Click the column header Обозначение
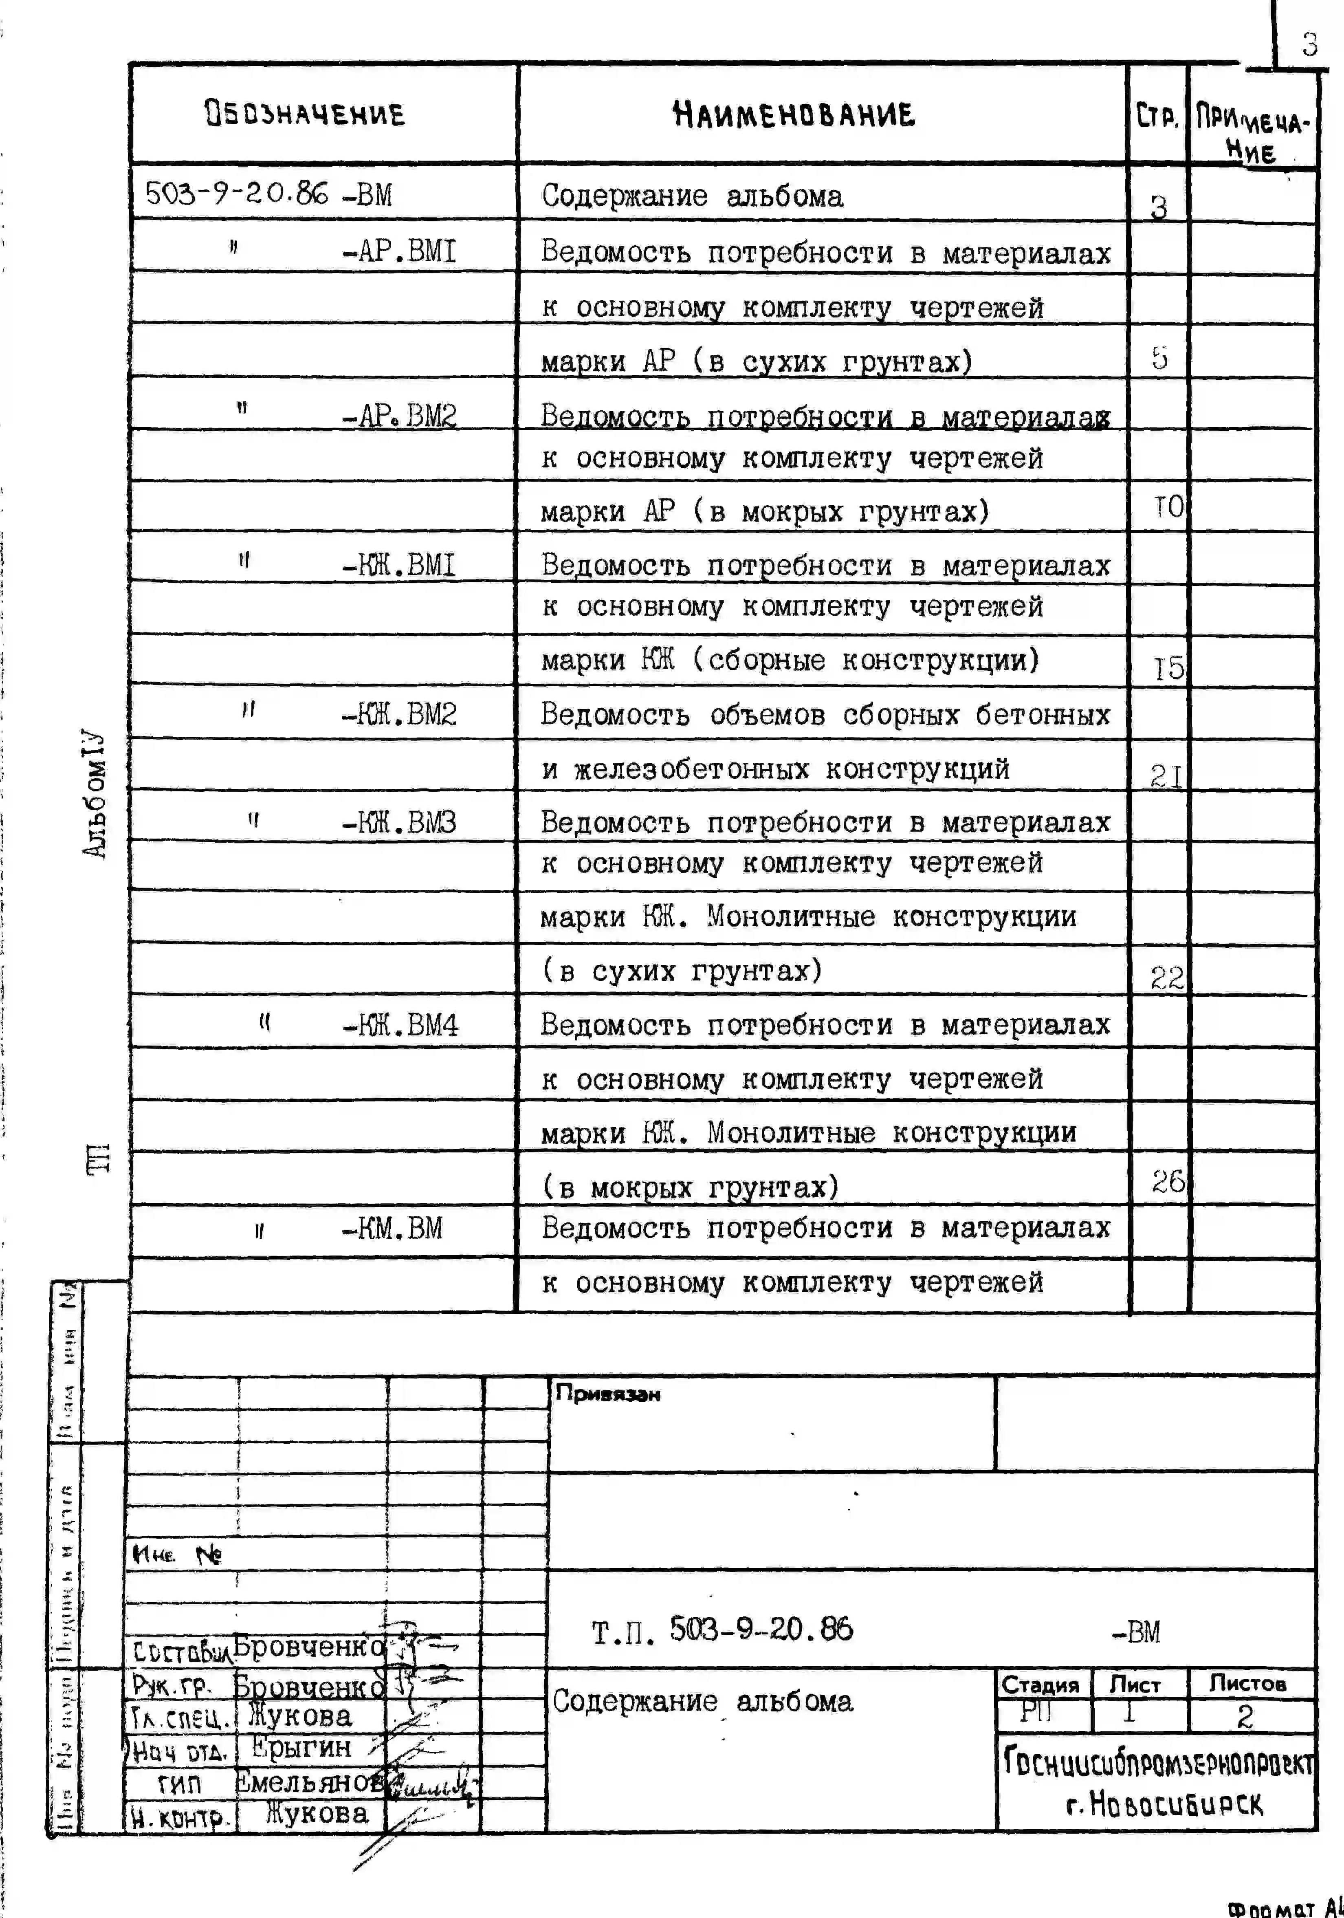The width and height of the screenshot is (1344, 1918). (305, 114)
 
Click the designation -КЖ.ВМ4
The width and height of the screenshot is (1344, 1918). (400, 1025)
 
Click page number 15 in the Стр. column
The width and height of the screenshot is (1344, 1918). (1168, 667)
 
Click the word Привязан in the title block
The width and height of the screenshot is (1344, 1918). (607, 1394)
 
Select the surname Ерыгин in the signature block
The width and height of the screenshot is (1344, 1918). (301, 1747)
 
